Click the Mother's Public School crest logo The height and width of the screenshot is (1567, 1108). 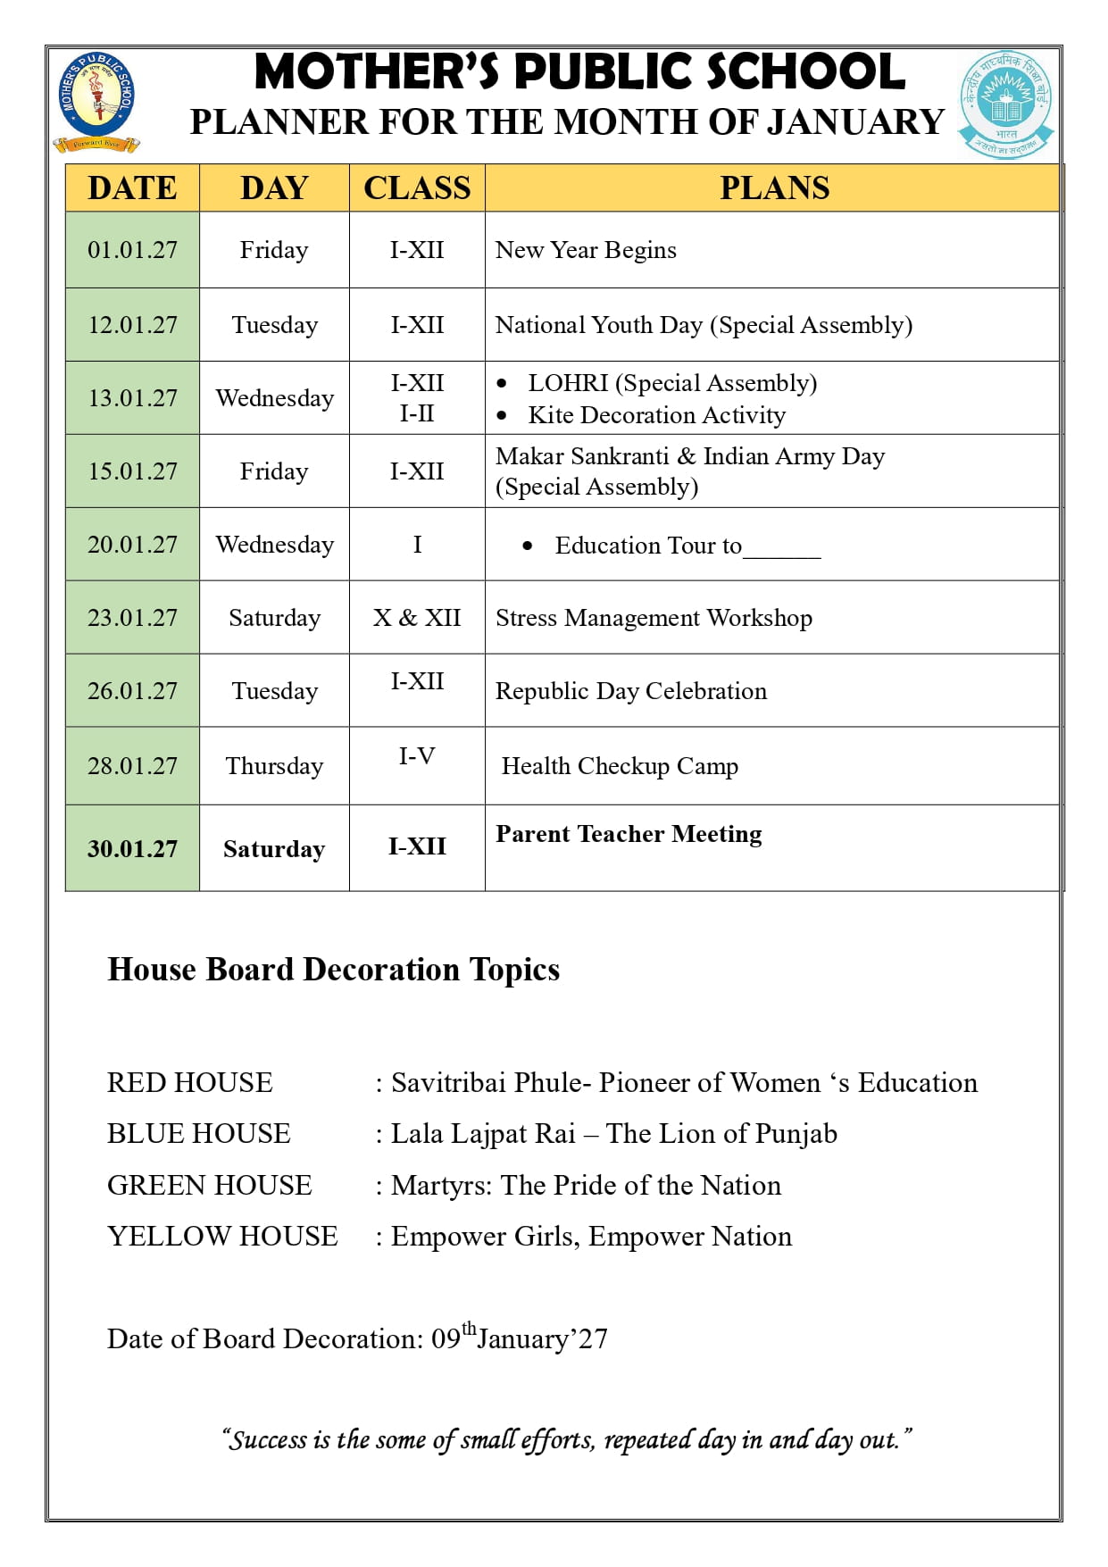pos(96,101)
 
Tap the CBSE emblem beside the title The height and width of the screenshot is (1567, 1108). pos(1006,104)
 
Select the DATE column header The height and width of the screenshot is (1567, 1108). pos(132,188)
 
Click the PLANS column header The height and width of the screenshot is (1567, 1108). pos(774,188)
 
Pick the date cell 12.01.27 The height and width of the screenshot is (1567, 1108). pos(132,325)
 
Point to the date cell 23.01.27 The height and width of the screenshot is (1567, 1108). pos(132,618)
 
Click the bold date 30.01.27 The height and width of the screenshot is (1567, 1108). pos(132,848)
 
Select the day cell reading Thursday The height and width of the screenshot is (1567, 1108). pos(274,766)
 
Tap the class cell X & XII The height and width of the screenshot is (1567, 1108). pos(417,618)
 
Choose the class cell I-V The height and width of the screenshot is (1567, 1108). pos(417,756)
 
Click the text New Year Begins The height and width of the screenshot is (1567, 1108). pos(586,250)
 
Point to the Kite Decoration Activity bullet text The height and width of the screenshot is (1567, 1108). pos(656,415)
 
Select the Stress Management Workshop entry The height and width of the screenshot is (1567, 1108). pos(654,618)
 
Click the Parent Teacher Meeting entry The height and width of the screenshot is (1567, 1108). pos(629,834)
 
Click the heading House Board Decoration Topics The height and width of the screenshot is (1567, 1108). pos(333,970)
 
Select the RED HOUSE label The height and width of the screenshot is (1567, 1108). pos(189,1083)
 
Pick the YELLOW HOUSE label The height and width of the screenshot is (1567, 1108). pos(222,1237)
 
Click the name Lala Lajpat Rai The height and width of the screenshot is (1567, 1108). pos(483,1134)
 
